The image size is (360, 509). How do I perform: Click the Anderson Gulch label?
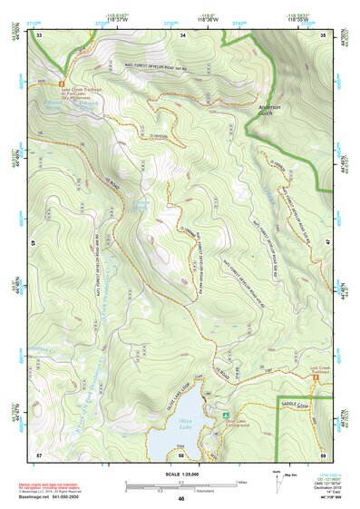[270, 111]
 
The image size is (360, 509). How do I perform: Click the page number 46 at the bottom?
[181, 499]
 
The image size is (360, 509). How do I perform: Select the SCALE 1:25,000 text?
[180, 474]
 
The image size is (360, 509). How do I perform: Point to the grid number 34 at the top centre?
[182, 34]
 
